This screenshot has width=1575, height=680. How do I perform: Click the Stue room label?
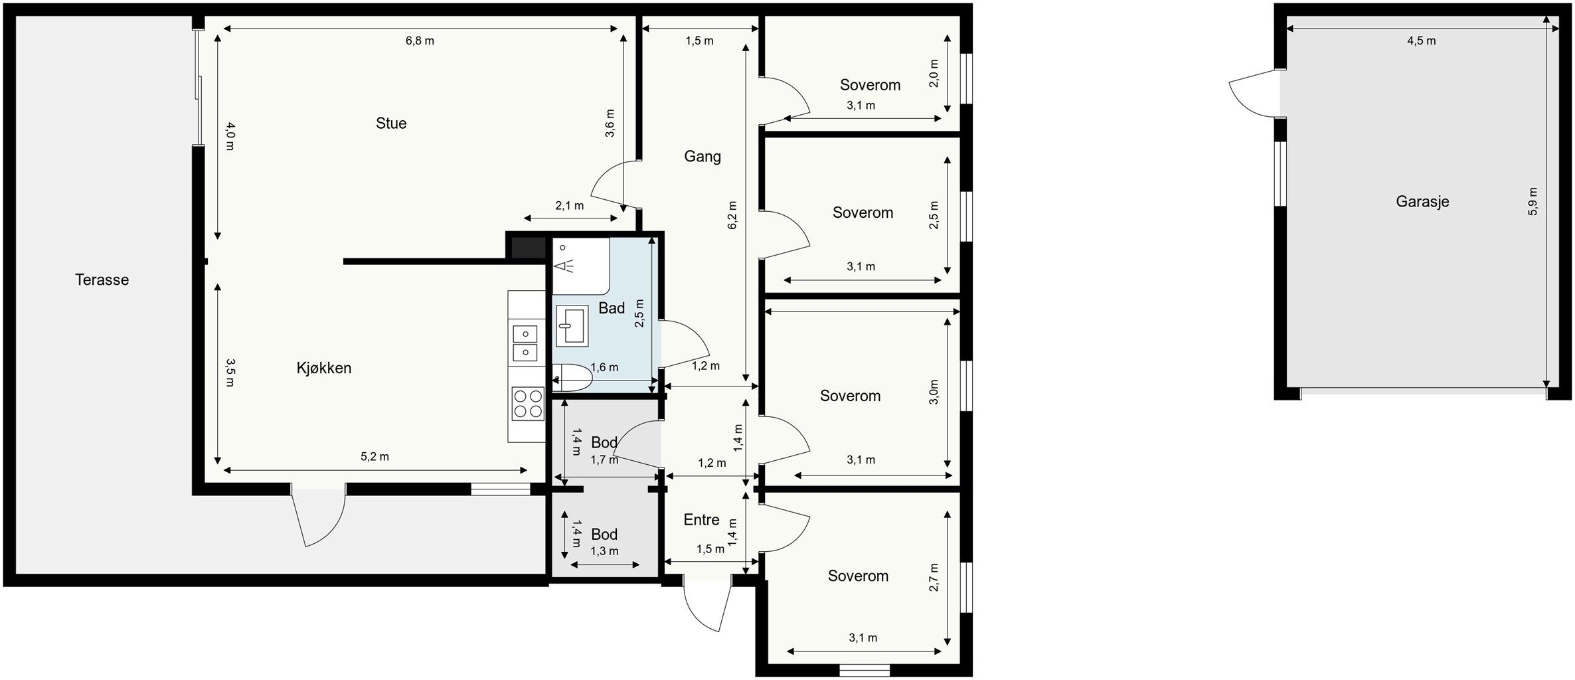click(391, 124)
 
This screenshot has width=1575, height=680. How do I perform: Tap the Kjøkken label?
click(324, 369)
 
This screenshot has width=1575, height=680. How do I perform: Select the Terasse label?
click(102, 280)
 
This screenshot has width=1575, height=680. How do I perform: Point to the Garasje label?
click(1422, 202)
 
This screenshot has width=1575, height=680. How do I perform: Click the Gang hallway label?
click(703, 157)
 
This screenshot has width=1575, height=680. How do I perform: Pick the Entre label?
click(701, 520)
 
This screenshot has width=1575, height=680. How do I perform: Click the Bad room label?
click(612, 308)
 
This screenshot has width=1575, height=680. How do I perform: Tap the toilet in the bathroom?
click(572, 378)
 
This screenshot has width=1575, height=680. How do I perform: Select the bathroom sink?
click(572, 326)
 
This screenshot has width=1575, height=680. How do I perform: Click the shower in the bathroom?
click(581, 266)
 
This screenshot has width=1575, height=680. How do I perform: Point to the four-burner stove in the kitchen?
click(528, 404)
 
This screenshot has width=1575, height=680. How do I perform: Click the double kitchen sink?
click(525, 343)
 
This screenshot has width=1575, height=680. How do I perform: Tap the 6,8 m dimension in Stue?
click(420, 41)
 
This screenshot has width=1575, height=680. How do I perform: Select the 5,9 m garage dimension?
click(1533, 202)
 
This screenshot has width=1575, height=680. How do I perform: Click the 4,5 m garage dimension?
click(1421, 41)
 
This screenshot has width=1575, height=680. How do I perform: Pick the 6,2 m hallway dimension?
click(732, 215)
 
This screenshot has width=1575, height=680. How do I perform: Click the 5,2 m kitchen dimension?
click(374, 457)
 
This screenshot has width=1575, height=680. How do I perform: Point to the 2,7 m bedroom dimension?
click(934, 577)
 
